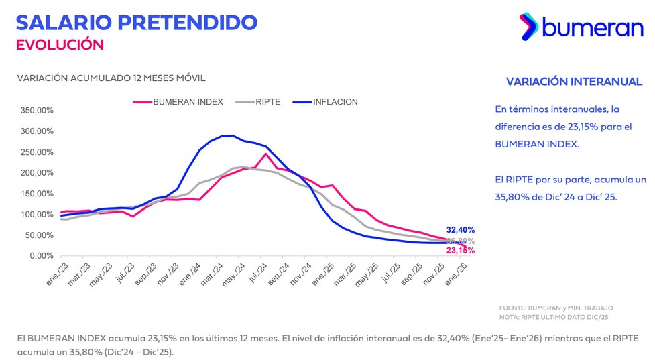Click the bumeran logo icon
tap(530, 26)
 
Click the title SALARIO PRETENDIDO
tap(136, 21)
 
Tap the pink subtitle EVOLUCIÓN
tap(60, 45)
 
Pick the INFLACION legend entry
tap(335, 102)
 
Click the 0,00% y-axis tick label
tap(40, 256)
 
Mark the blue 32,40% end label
tap(461, 230)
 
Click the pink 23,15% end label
tap(461, 251)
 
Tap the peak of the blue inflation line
tap(231, 135)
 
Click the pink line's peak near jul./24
tap(266, 154)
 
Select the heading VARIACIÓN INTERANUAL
tap(574, 81)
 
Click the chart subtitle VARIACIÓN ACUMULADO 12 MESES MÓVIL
tap(111, 78)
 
